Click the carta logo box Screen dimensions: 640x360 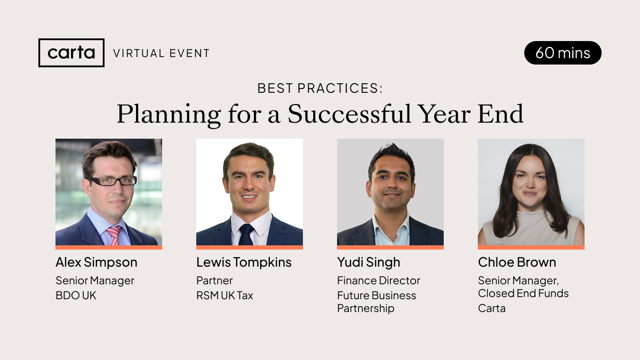71,53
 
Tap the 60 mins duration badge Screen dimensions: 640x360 563,53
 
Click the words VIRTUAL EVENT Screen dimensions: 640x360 162,53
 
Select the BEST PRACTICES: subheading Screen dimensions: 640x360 320,89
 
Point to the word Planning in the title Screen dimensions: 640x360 169,115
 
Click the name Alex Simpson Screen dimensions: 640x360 97,262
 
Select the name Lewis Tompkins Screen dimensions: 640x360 244,262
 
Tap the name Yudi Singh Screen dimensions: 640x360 369,262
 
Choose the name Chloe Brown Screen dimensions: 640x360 517,262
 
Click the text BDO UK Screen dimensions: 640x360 76,295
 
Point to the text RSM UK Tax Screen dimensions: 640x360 225,295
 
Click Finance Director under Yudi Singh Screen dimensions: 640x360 379,281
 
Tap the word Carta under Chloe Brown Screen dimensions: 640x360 492,308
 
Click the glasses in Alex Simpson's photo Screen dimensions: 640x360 113,181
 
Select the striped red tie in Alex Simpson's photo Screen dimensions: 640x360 114,235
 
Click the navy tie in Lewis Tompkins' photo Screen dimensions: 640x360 246,234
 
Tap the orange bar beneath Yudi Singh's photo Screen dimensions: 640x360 390,247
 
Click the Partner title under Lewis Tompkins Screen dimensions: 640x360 214,281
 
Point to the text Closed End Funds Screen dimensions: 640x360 523,293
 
